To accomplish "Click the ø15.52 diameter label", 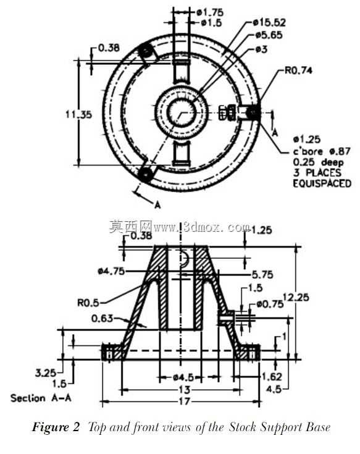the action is pyautogui.click(x=269, y=22).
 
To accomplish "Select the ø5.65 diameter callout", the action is pyautogui.click(x=269, y=35).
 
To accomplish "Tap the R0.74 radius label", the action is pyautogui.click(x=298, y=70).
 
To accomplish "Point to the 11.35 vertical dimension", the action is pyautogui.click(x=78, y=114).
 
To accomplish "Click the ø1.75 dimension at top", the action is pyautogui.click(x=210, y=12).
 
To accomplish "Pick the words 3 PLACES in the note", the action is pyautogui.click(x=317, y=173).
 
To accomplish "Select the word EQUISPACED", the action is pyautogui.click(x=322, y=183).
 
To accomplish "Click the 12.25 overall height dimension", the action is pyautogui.click(x=296, y=297).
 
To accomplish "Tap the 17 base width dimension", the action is pyautogui.click(x=185, y=401).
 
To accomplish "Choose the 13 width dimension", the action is pyautogui.click(x=185, y=390).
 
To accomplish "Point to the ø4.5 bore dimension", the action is pyautogui.click(x=183, y=377).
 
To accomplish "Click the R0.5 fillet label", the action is pyautogui.click(x=88, y=303).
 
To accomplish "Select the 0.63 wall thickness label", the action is pyautogui.click(x=102, y=318).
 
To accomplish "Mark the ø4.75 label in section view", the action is pyautogui.click(x=111, y=271).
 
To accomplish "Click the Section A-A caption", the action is pyautogui.click(x=41, y=398).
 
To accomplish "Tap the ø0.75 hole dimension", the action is pyautogui.click(x=270, y=305).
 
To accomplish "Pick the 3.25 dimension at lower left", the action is pyautogui.click(x=46, y=372).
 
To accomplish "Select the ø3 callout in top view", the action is pyautogui.click(x=262, y=49).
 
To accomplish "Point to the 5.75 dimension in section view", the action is pyautogui.click(x=262, y=274).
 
